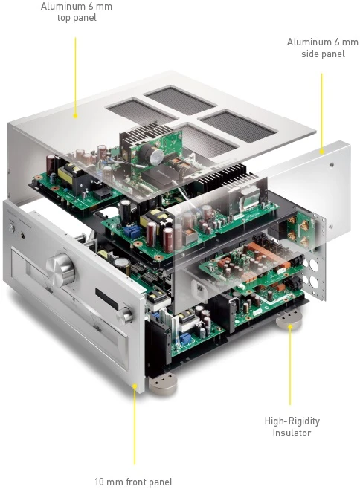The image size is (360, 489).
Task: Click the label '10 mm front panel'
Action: [x=134, y=481]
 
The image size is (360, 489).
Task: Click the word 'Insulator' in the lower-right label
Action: [x=289, y=433]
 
